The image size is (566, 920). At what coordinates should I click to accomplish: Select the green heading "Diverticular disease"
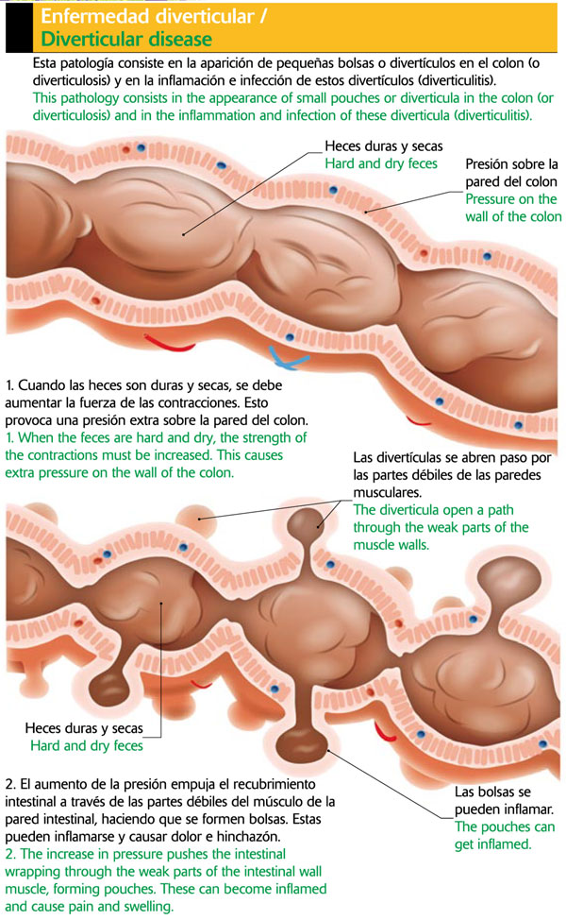(x=126, y=40)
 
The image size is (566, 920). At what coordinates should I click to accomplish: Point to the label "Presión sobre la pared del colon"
(x=512, y=173)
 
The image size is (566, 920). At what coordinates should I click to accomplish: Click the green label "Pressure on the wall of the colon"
(x=512, y=208)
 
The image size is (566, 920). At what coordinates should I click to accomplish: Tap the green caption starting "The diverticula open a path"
(x=440, y=527)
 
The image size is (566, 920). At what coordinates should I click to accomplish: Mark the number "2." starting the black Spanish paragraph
(x=11, y=785)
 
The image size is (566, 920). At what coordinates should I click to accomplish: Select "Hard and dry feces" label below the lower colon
(x=87, y=746)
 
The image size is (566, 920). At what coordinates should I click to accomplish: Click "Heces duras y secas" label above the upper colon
(x=383, y=146)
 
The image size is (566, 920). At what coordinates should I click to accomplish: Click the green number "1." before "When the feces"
(x=11, y=437)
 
